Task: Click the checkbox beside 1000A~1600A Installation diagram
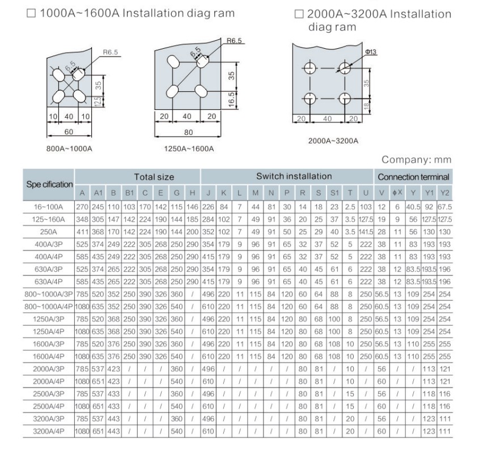click(x=31, y=13)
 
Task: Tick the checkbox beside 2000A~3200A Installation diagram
click(x=299, y=14)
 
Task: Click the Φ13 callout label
click(x=371, y=52)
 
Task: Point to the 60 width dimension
click(x=69, y=131)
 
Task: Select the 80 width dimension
click(x=189, y=132)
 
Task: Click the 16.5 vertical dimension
click(x=231, y=100)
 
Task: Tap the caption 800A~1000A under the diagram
click(x=69, y=148)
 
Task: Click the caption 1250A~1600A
click(x=189, y=148)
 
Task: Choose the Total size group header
click(x=154, y=177)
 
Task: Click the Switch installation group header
click(x=294, y=176)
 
